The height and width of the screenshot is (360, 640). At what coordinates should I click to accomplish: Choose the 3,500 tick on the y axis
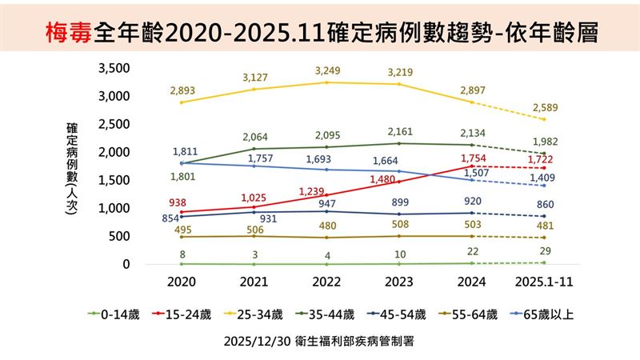click(x=112, y=68)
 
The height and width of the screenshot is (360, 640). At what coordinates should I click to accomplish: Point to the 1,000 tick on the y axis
click(x=112, y=208)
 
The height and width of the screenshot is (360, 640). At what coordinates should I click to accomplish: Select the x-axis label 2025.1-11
click(x=549, y=282)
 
